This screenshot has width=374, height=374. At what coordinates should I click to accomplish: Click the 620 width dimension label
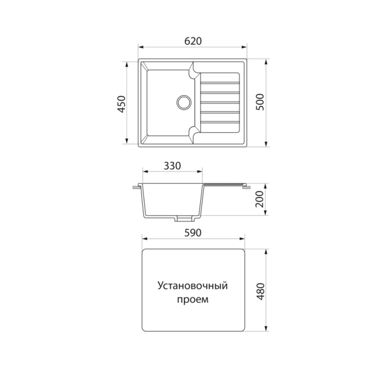[x=193, y=41]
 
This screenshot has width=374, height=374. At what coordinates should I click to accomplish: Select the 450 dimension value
[x=122, y=104]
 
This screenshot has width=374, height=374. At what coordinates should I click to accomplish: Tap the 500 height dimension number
[x=260, y=102]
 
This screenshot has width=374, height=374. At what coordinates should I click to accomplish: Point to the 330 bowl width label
[x=172, y=166]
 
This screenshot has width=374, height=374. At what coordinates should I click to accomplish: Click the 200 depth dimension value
[x=260, y=199]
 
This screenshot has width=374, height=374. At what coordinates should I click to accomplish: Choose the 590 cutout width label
[x=193, y=233]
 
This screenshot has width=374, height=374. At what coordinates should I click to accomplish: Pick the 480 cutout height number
[x=261, y=292]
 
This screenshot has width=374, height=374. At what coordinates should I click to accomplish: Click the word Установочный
[x=193, y=285]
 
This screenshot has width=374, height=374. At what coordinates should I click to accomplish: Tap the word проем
[x=193, y=300]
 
